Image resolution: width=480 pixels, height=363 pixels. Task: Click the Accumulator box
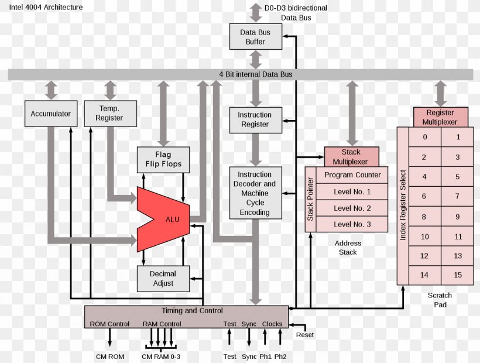tap(50, 114)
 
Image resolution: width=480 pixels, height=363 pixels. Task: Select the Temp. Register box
tap(110, 114)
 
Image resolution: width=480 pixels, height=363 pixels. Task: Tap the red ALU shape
tap(167, 220)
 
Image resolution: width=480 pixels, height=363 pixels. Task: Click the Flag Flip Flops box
tap(163, 159)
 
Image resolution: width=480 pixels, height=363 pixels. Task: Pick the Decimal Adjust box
tap(163, 278)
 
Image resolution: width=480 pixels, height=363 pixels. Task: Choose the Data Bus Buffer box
tap(255, 37)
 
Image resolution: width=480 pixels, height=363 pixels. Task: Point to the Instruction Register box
tap(255, 119)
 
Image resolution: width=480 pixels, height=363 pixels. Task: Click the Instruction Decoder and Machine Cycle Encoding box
tap(255, 193)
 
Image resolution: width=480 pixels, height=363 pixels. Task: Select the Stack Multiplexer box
tap(351, 157)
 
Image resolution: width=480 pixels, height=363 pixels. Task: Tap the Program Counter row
tap(352, 175)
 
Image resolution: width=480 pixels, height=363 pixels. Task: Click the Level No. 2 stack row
tap(352, 208)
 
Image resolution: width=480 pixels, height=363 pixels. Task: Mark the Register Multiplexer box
tap(440, 117)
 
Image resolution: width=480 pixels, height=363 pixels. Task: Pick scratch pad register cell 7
tap(458, 197)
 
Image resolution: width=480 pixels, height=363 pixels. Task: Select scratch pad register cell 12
tap(424, 256)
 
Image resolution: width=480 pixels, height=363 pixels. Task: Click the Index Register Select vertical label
tap(403, 205)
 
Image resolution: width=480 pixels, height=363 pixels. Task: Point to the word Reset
tap(304, 335)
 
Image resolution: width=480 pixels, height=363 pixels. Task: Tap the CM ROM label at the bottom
tap(110, 356)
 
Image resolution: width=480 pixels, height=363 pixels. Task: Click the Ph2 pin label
tap(280, 356)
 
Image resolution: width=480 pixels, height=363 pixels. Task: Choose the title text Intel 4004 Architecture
tap(46, 8)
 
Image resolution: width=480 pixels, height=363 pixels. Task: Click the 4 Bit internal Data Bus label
tap(256, 74)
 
